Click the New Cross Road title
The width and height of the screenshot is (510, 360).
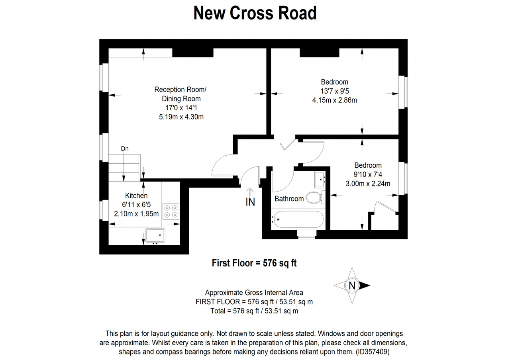point(255,13)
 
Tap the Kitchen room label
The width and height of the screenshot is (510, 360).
point(136,196)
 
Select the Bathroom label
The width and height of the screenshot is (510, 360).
point(289,199)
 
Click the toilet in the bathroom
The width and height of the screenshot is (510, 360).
point(316,197)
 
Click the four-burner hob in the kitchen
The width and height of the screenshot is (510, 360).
point(171,211)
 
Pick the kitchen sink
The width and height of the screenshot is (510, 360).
point(155,235)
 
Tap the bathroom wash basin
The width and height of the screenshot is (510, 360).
point(320,180)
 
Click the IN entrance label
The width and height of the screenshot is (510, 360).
point(250,202)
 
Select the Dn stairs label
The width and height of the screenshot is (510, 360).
point(125,149)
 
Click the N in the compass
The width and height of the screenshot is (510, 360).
point(352,286)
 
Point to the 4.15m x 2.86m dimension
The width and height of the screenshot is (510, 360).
point(334,100)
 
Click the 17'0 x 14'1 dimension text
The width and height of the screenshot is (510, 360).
point(181,108)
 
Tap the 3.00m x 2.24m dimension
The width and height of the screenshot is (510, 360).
point(368,184)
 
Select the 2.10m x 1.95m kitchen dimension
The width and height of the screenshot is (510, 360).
point(136,214)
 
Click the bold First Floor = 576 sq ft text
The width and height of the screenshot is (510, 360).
point(254,263)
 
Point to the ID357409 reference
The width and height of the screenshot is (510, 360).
point(373,352)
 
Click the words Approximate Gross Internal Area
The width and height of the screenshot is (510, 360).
point(254,293)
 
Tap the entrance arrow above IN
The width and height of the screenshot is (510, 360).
point(250,192)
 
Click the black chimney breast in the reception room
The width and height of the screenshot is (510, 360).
point(192,53)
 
